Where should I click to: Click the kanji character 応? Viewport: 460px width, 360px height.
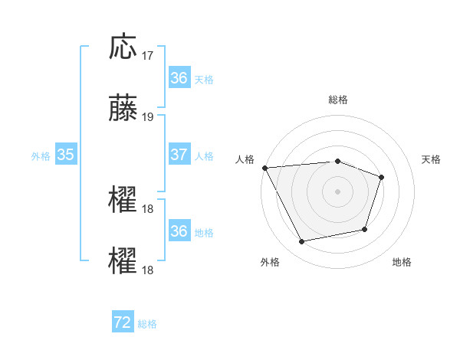123,47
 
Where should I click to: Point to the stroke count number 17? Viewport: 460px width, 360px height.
148,56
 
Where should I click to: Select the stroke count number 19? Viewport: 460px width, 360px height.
148,117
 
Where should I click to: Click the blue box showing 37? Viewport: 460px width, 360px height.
179,155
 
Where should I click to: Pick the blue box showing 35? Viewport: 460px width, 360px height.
66,155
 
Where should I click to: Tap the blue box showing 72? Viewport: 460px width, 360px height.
123,322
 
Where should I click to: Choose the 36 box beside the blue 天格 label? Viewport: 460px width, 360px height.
179,78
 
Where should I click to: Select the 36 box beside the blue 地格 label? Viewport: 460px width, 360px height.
179,231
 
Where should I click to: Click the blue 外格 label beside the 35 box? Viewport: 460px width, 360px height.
41,155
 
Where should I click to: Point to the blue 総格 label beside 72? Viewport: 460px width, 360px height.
147,324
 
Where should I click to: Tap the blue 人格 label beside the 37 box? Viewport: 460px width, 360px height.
204,155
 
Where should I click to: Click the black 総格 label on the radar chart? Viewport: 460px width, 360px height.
338,100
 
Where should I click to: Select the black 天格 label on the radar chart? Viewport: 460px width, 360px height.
432,159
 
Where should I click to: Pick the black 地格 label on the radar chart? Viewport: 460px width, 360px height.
402,262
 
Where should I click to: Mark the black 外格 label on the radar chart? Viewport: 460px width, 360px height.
269,262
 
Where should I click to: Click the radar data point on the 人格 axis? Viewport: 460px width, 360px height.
265,168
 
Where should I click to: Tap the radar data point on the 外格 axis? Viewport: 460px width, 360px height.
302,242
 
